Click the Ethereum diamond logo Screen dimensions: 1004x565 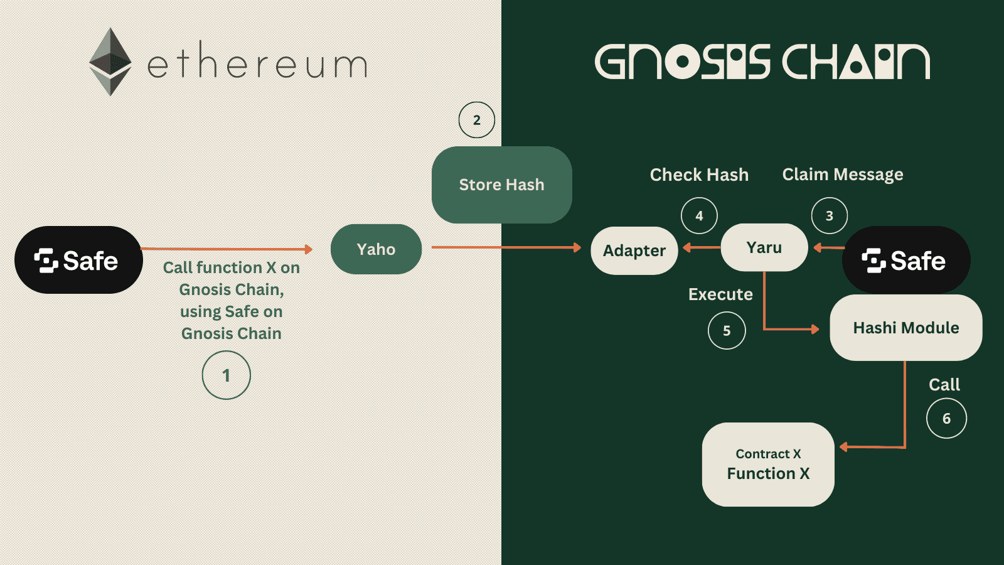point(110,62)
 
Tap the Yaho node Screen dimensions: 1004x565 point(376,249)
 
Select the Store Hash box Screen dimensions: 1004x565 point(501,185)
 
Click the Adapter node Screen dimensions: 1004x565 point(634,250)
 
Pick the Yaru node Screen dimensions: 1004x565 point(764,247)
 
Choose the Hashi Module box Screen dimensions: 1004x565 point(905,328)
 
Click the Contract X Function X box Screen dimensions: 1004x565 point(768,465)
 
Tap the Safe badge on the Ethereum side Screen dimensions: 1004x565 point(78,260)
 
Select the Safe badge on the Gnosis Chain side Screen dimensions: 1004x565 point(905,260)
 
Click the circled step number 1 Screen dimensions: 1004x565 point(226,375)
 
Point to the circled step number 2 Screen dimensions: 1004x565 point(477,120)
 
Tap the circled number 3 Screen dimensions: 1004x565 point(829,216)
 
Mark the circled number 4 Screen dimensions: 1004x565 point(699,216)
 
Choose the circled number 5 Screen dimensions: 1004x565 point(727,331)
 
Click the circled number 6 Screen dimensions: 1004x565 point(946,419)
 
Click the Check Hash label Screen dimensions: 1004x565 point(699,175)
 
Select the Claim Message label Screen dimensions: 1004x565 point(842,175)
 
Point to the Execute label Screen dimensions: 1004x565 point(720,294)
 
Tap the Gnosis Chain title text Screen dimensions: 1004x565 point(762,62)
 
